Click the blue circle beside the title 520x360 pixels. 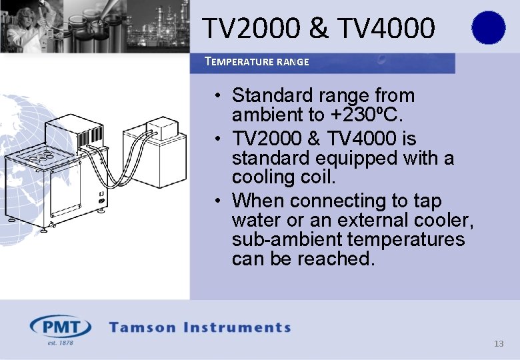(488, 28)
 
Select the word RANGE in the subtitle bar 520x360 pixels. (293, 62)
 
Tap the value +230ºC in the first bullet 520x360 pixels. (367, 115)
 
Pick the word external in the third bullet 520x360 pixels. (374, 220)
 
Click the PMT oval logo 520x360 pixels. (61, 327)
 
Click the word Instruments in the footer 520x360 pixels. (237, 327)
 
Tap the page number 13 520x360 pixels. (498, 344)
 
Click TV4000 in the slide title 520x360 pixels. (387, 28)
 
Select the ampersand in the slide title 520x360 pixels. (319, 28)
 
